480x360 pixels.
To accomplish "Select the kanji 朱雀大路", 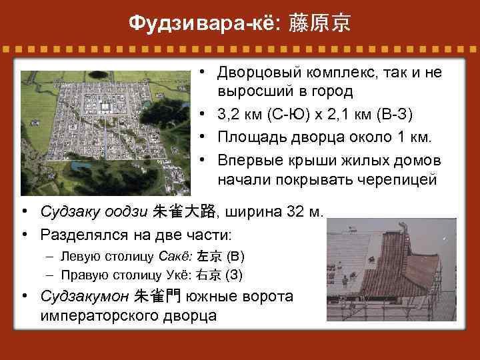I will [x=184, y=212].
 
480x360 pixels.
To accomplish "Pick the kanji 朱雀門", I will [x=161, y=295].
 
